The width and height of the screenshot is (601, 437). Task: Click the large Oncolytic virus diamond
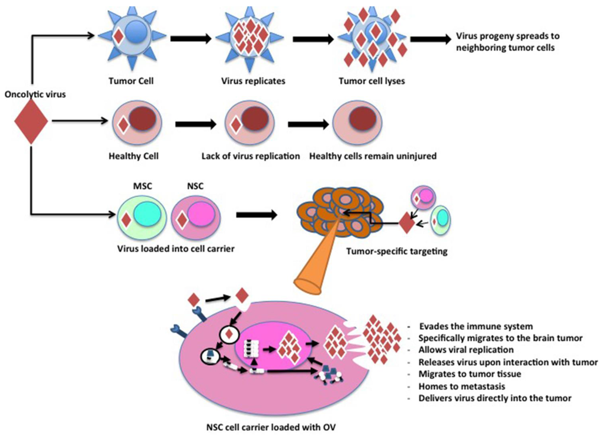coord(30,121)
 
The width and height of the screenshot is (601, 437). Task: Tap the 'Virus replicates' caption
coord(248,81)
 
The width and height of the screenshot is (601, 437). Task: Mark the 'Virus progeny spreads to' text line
coord(504,36)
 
